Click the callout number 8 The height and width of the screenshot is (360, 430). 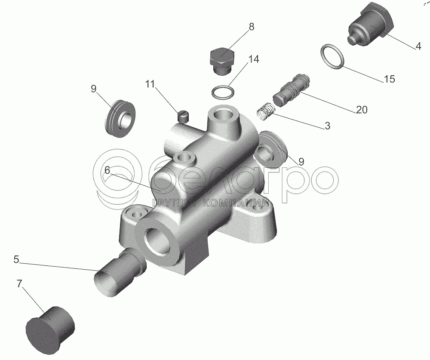pos(251,27)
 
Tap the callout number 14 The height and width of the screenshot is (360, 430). pos(254,59)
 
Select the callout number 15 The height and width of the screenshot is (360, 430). pos(390,79)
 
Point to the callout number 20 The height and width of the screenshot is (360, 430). pos(362,110)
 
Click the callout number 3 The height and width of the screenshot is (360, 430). pos(327,126)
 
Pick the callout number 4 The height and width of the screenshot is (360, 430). pos(418,46)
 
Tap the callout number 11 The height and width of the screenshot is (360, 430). pos(150,84)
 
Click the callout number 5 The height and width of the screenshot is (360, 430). pos(16,259)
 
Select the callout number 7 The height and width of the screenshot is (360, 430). pos(19,284)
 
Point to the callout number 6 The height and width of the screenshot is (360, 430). pos(107,170)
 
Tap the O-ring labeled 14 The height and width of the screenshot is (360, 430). pos(223,92)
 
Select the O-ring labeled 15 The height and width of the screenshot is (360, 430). pos(332,56)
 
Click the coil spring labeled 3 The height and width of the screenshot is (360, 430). pos(264,111)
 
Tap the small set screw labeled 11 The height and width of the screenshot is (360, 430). pos(182,116)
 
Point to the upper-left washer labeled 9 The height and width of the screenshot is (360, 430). pos(120,119)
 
